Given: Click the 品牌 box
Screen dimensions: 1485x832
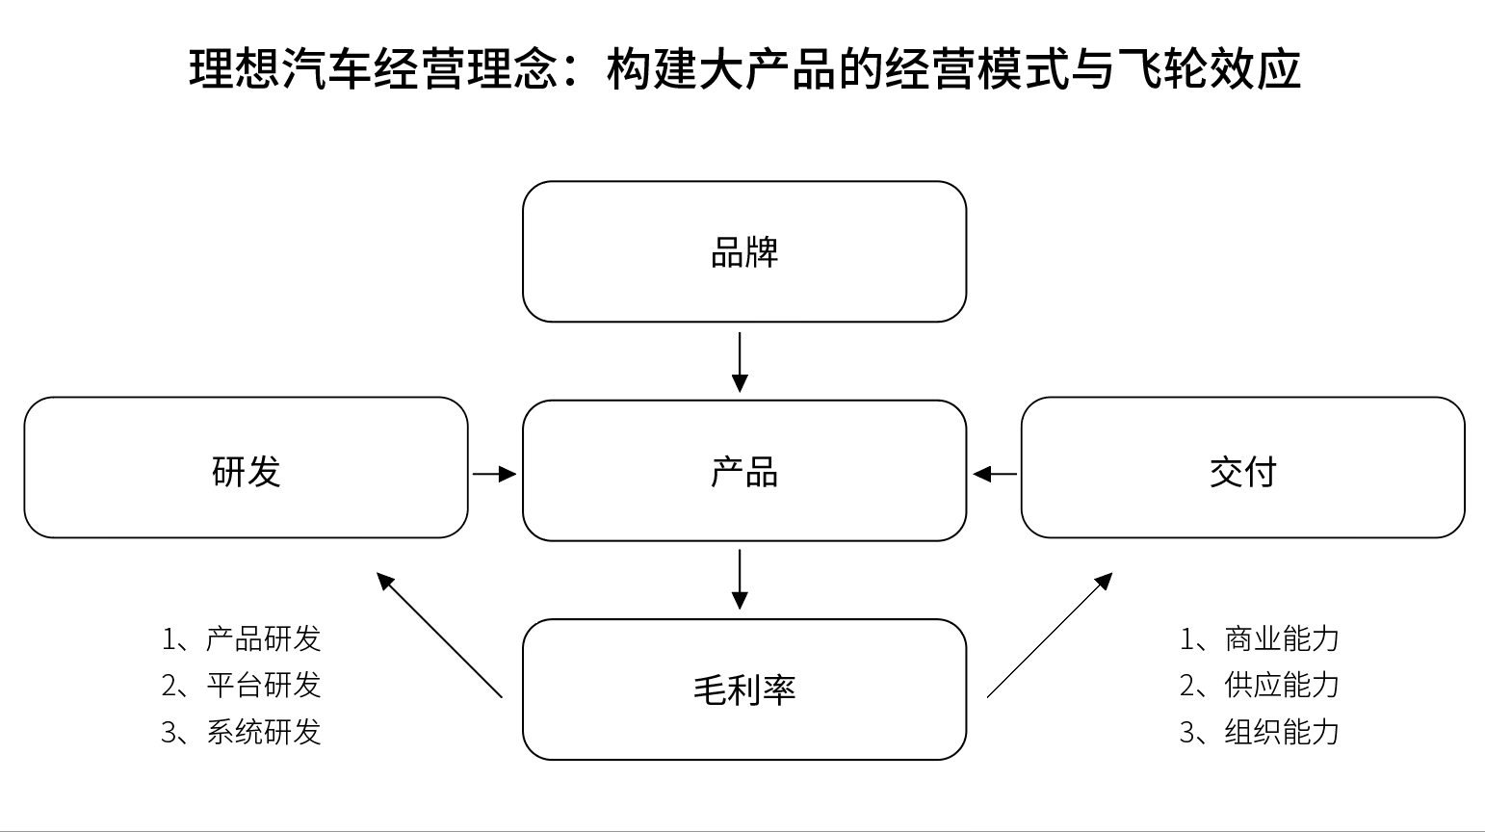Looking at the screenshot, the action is click(743, 251).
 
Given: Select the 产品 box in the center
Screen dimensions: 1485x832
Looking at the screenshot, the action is click(743, 471).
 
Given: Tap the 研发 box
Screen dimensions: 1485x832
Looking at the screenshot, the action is click(246, 467).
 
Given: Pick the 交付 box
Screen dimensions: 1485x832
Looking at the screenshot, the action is click(1243, 467).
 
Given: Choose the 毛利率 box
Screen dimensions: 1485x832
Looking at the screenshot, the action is click(743, 689).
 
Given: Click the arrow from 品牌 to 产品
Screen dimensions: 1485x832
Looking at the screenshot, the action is click(740, 363).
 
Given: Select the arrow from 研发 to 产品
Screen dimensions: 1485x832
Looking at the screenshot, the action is click(495, 474).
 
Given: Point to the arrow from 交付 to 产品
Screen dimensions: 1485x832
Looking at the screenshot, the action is click(995, 474).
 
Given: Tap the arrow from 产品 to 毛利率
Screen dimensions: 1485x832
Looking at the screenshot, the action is click(740, 580).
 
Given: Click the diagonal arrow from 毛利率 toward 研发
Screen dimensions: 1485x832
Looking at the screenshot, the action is click(439, 636).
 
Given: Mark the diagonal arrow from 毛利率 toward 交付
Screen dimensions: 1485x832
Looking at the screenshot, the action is click(1050, 636).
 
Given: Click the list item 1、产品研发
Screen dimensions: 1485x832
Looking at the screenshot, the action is click(242, 639).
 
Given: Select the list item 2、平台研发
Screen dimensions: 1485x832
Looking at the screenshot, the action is click(242, 686).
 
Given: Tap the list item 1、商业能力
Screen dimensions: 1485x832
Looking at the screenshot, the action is click(1260, 639).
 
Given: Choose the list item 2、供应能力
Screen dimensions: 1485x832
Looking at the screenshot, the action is click(1260, 686).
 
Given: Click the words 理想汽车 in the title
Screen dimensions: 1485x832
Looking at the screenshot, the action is click(281, 68).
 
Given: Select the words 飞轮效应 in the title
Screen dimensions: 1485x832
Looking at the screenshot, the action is click(1209, 68).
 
